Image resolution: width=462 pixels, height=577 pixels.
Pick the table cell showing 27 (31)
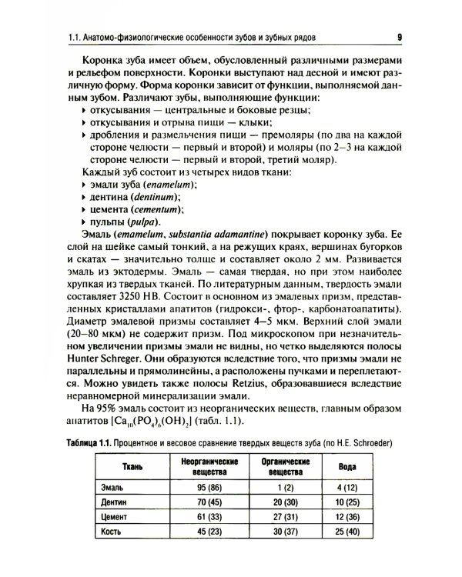pyautogui.click(x=270, y=516)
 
